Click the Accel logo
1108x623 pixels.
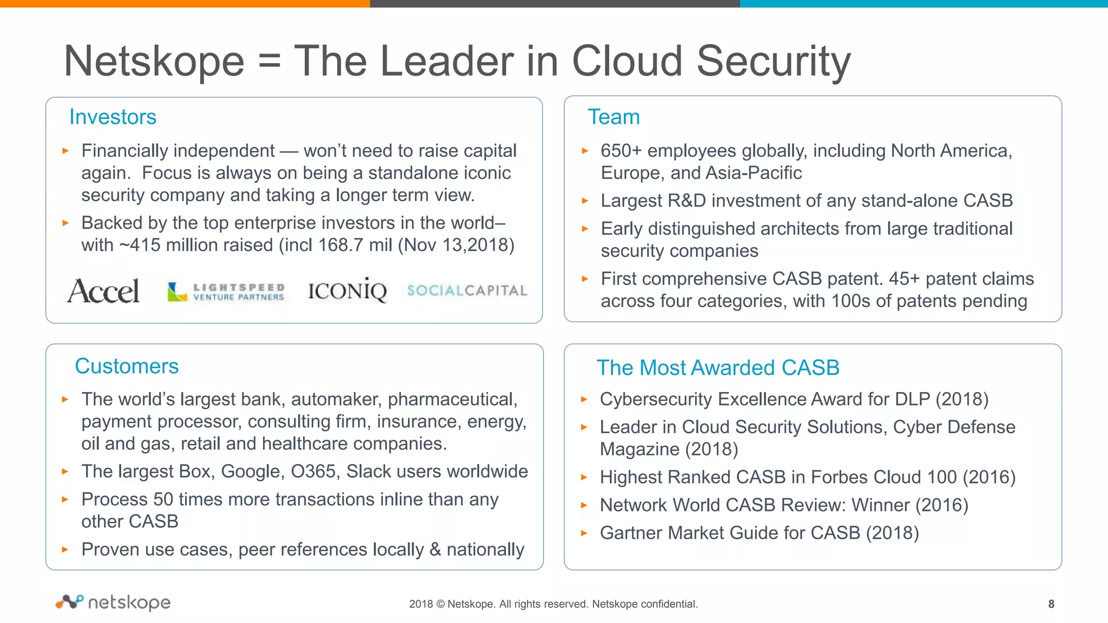point(103,291)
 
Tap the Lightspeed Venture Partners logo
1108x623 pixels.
point(226,291)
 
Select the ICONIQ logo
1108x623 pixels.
point(347,291)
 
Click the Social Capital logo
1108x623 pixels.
point(467,290)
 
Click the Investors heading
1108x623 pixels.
point(113,117)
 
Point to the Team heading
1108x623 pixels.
point(614,117)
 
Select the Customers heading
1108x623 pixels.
point(127,366)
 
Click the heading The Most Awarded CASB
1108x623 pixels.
point(717,368)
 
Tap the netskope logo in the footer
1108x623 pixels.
point(113,602)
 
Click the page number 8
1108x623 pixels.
point(1051,604)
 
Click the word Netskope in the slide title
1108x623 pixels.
point(154,61)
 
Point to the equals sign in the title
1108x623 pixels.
point(269,61)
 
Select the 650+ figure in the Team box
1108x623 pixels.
point(621,151)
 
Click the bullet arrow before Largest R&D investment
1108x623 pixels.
point(584,201)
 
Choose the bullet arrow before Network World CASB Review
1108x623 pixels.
point(584,505)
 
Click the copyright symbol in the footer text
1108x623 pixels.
point(440,604)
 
